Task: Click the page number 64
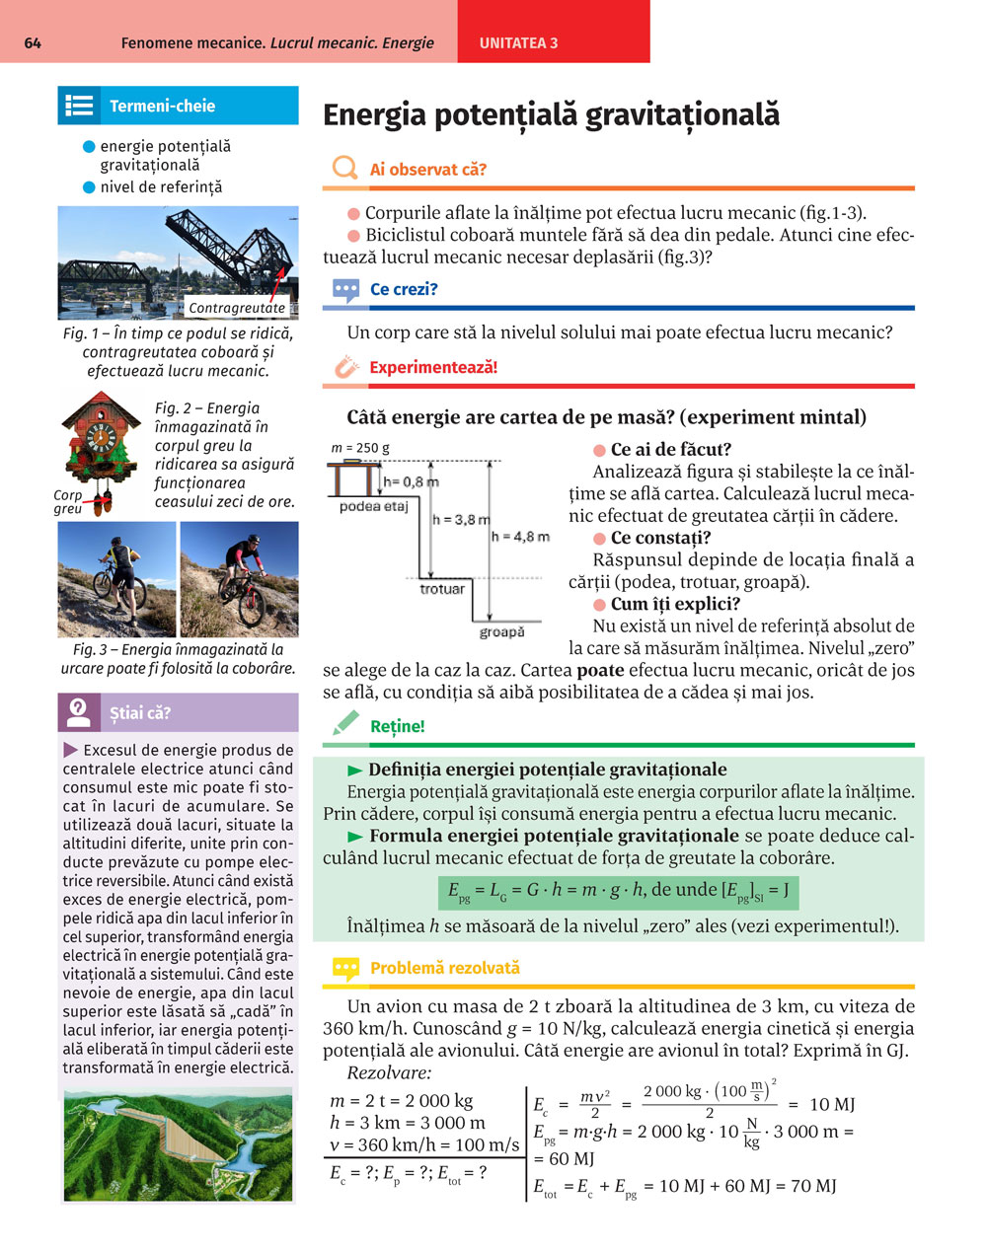pyautogui.click(x=33, y=43)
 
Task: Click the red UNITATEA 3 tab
pyautogui.click(x=519, y=43)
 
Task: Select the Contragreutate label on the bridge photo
pyautogui.click(x=237, y=308)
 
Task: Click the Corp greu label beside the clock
pyautogui.click(x=68, y=502)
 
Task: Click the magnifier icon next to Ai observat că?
pyautogui.click(x=344, y=169)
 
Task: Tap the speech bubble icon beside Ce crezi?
pyautogui.click(x=345, y=290)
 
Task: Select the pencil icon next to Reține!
pyautogui.click(x=345, y=724)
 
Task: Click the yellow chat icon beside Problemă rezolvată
pyautogui.click(x=345, y=969)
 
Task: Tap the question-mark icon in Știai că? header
pyautogui.click(x=80, y=712)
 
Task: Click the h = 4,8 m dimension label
pyautogui.click(x=520, y=537)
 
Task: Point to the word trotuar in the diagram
pyautogui.click(x=442, y=589)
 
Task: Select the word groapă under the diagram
pyautogui.click(x=501, y=631)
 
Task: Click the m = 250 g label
pyautogui.click(x=360, y=448)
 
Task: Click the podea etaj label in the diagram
pyautogui.click(x=373, y=506)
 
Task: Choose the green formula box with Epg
pyautogui.click(x=618, y=891)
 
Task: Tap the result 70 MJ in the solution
pyautogui.click(x=812, y=1186)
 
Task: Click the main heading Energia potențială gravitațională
pyautogui.click(x=551, y=115)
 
